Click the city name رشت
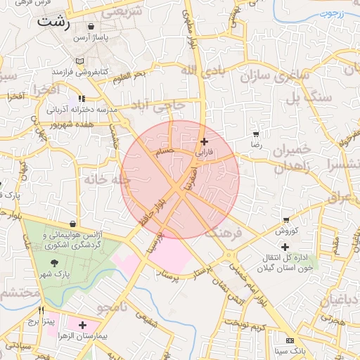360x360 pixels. point(56,21)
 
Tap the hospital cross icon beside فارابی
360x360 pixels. point(205,141)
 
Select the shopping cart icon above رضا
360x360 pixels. point(256,134)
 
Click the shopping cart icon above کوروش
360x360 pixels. point(286,220)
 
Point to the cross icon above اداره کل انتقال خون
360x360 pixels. point(285,247)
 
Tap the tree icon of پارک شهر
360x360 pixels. point(56,262)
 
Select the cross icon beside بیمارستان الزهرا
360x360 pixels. point(83,325)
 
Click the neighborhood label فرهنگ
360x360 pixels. point(225,233)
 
